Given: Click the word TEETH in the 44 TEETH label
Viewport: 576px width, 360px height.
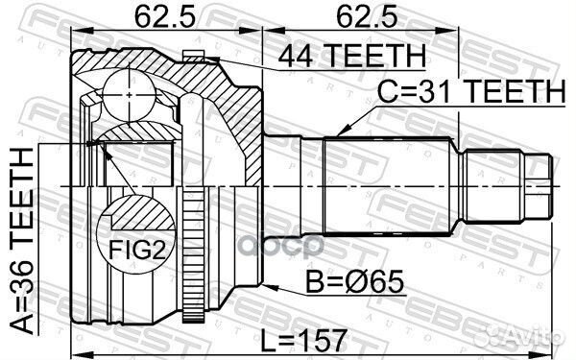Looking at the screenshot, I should pos(370,57).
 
